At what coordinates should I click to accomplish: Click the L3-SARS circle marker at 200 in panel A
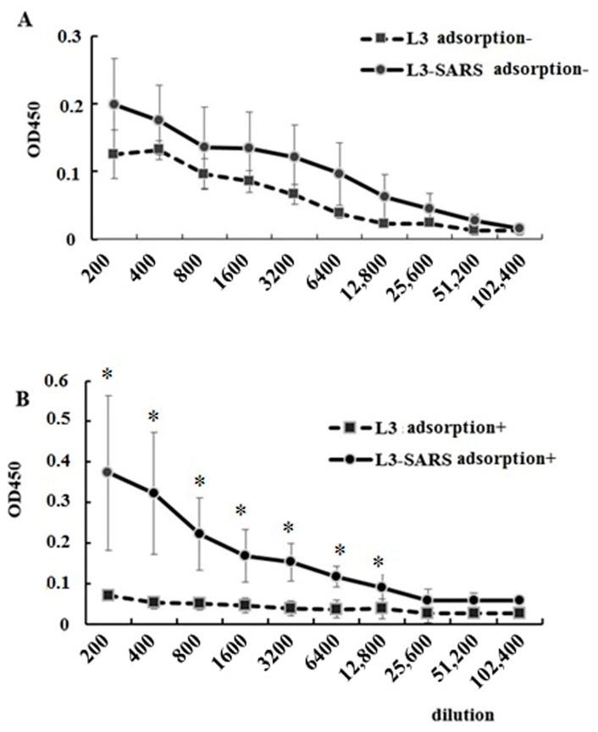point(114,104)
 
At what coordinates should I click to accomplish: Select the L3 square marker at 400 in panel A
point(158,149)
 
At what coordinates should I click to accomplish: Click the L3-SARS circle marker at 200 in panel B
point(108,472)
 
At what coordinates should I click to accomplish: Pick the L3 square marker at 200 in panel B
point(108,595)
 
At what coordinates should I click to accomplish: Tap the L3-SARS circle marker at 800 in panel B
point(199,534)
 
